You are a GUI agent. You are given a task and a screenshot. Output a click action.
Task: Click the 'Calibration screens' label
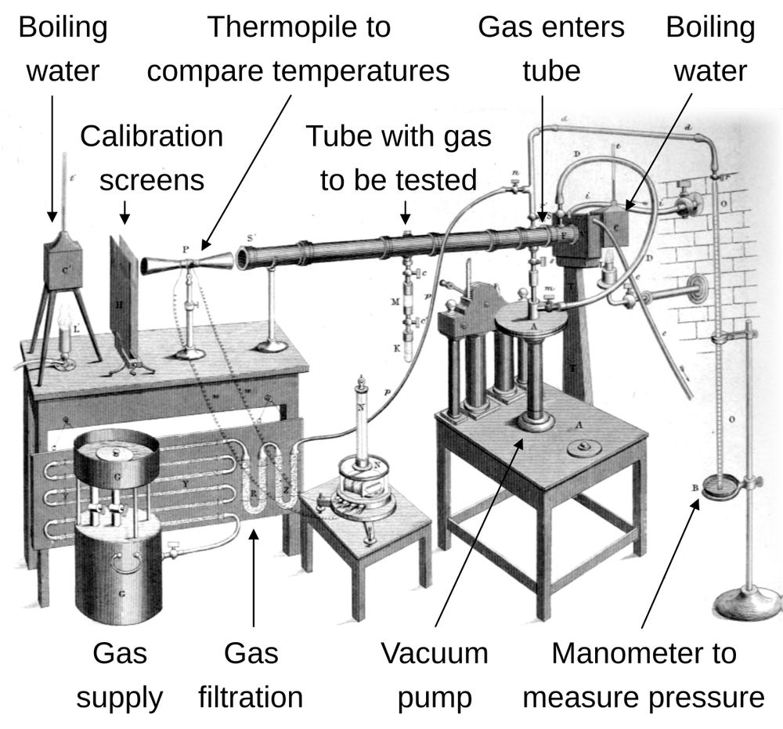click(151, 157)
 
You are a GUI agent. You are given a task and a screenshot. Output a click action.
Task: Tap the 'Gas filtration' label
click(251, 674)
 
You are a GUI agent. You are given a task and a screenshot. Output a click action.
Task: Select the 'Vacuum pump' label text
click(434, 674)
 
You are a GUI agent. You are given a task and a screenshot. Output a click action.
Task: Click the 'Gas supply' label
click(119, 674)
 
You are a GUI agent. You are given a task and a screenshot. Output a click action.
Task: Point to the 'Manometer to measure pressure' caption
click(644, 674)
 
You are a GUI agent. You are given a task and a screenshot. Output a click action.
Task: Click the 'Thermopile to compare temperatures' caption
click(298, 49)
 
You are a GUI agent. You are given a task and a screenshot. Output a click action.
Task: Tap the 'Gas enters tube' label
click(551, 49)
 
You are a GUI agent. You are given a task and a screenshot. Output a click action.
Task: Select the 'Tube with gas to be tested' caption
click(399, 157)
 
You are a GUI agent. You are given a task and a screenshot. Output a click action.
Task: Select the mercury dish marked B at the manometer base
click(719, 489)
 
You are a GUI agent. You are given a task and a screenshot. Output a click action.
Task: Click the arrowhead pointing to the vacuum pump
click(521, 443)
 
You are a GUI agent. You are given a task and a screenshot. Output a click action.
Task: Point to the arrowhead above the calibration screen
click(124, 217)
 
